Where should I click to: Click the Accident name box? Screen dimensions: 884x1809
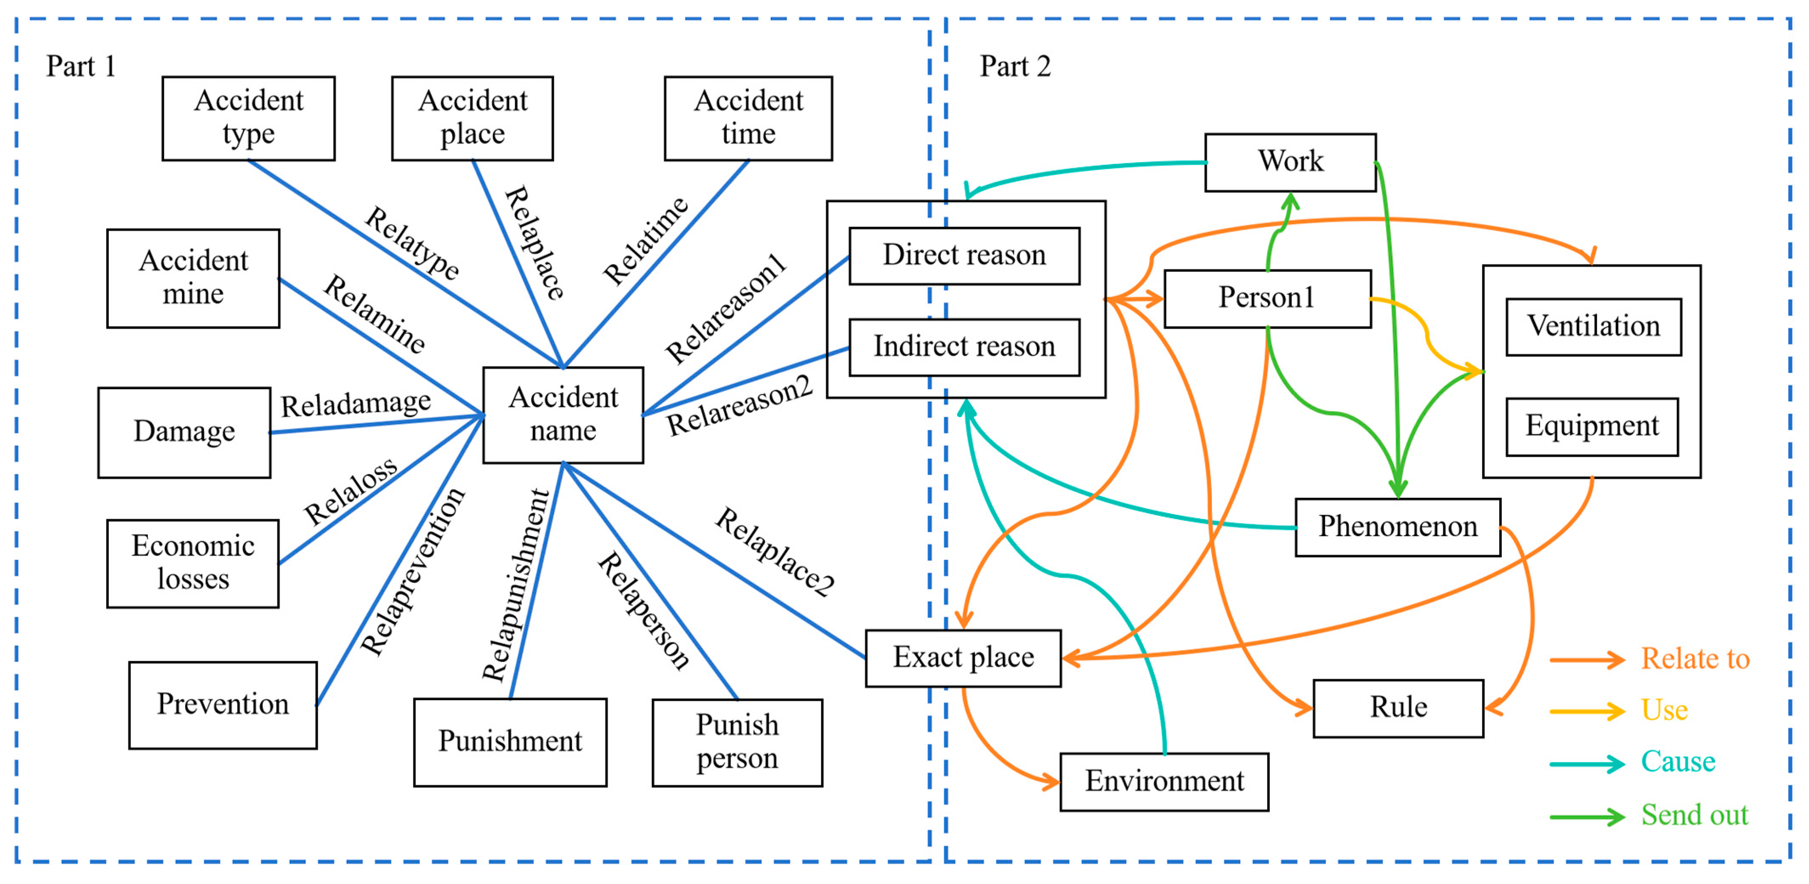point(563,414)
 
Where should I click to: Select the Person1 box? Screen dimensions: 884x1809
point(1266,298)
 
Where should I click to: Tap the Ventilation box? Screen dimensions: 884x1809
point(1593,327)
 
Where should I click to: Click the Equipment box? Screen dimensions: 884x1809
point(1591,426)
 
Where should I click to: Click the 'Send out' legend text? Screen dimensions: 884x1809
point(1694,815)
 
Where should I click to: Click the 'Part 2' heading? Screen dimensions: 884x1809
point(1015,67)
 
